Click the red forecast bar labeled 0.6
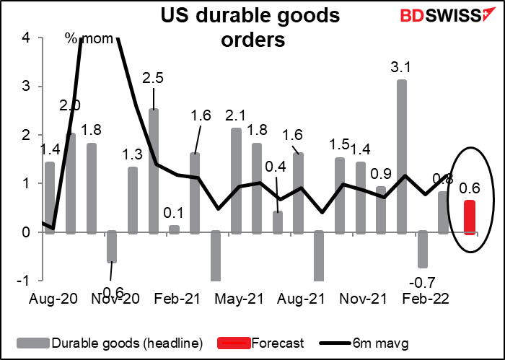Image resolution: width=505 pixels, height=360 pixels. (469, 216)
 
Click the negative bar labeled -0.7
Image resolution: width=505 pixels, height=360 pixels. (423, 249)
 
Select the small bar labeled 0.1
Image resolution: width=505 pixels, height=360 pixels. (174, 229)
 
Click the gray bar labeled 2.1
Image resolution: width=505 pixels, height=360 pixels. (236, 180)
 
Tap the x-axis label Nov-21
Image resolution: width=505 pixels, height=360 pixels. (359, 297)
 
